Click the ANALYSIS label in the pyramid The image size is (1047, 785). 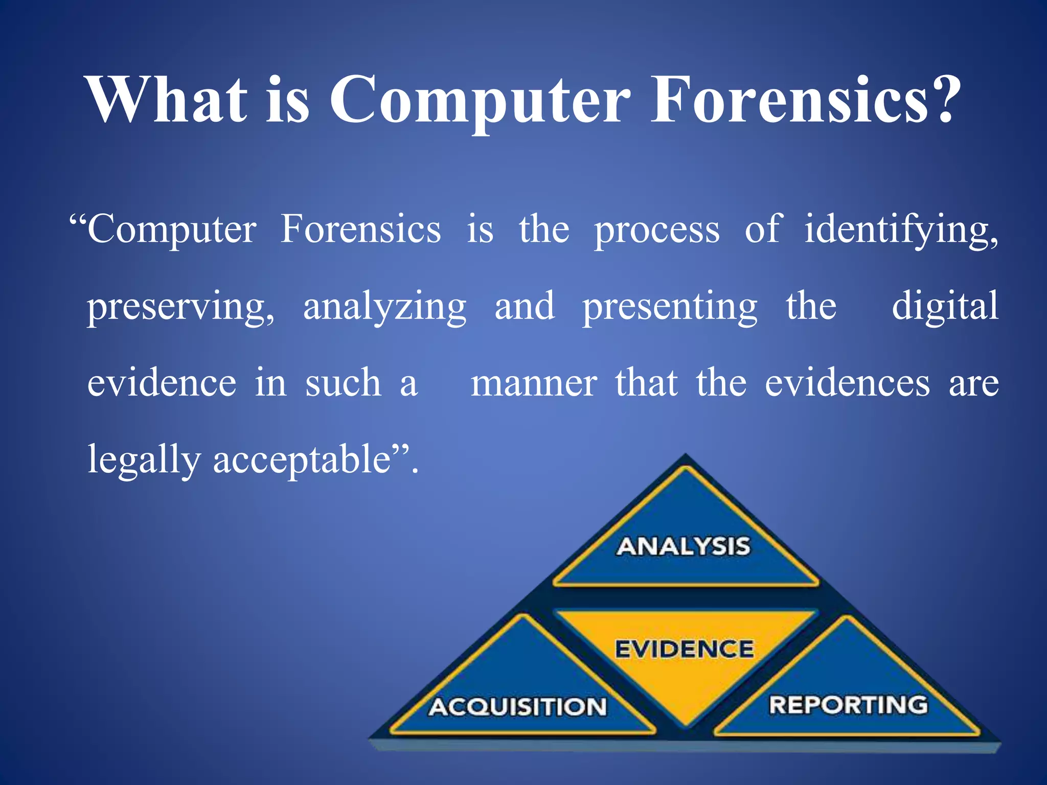(683, 546)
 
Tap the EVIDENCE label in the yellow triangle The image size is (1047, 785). (684, 649)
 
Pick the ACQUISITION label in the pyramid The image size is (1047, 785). (517, 707)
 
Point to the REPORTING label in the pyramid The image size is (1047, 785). (848, 705)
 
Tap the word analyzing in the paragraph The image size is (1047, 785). (384, 307)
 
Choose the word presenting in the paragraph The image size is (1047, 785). (670, 307)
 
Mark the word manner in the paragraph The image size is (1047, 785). (533, 383)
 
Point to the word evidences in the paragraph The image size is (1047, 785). (847, 383)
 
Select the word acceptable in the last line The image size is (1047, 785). (302, 459)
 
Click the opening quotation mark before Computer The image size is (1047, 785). (78, 221)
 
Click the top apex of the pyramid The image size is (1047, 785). (685, 456)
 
